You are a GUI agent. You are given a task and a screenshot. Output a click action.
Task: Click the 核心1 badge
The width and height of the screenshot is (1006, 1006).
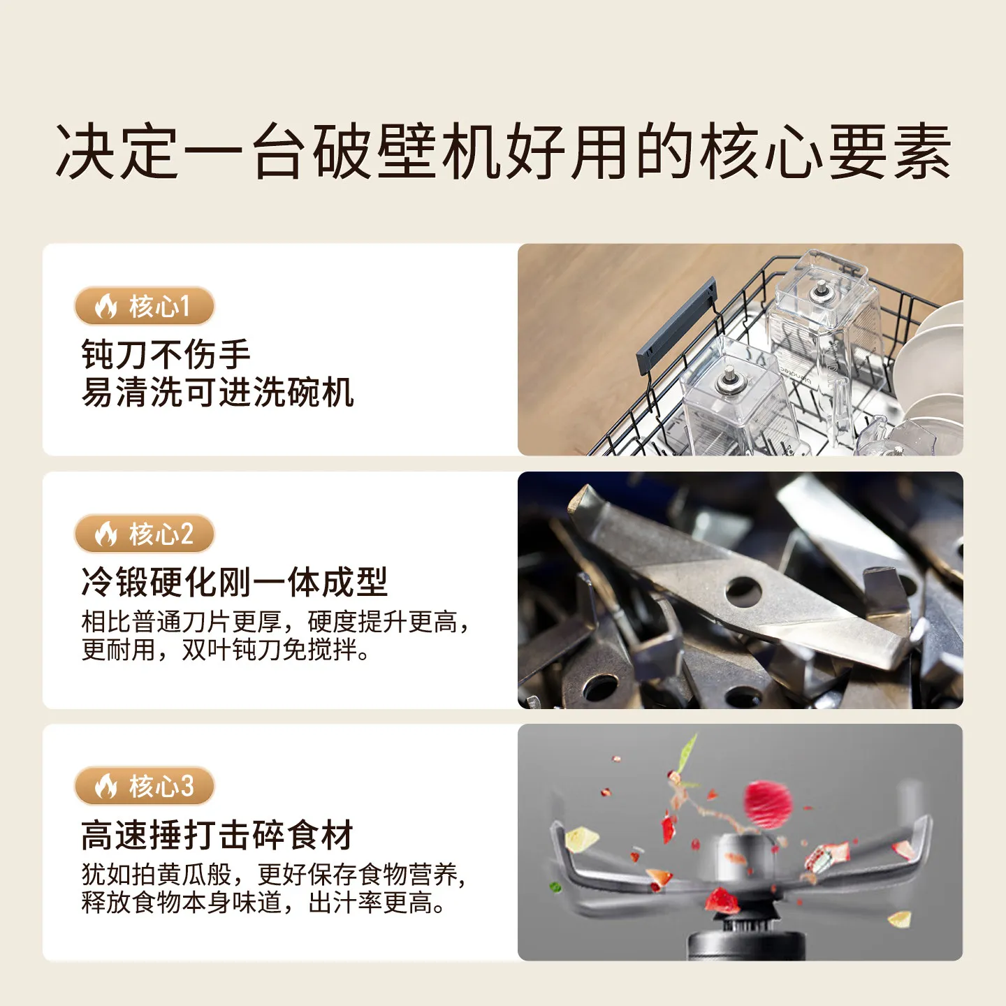click(144, 306)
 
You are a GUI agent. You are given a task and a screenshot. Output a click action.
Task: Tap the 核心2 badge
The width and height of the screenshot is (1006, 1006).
click(144, 534)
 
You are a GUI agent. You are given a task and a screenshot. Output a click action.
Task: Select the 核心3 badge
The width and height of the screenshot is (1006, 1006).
click(144, 786)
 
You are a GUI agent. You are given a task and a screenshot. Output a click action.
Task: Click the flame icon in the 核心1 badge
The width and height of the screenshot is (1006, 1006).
click(106, 306)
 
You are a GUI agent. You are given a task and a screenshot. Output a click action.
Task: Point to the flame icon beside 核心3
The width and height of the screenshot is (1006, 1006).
click(106, 786)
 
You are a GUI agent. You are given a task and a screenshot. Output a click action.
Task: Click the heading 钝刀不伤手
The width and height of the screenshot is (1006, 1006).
click(166, 354)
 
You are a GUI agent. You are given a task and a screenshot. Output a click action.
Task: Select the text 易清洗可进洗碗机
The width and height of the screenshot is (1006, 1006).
click(217, 392)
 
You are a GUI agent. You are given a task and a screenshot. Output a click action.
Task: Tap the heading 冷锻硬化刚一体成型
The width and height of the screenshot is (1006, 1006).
click(234, 581)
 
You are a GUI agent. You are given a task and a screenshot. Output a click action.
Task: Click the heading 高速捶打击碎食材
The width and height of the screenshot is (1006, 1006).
click(217, 835)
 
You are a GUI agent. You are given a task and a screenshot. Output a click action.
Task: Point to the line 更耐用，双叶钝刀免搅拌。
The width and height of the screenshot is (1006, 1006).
click(225, 650)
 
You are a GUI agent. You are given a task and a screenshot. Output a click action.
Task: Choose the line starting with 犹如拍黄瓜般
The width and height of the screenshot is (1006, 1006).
click(273, 874)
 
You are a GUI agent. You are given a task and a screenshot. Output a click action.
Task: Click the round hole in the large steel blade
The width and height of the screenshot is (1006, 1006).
click(743, 591)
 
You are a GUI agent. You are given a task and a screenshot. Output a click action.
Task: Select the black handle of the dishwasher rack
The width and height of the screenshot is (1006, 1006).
click(676, 326)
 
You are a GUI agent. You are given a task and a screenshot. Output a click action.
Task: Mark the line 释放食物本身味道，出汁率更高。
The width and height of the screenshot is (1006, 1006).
click(263, 903)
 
